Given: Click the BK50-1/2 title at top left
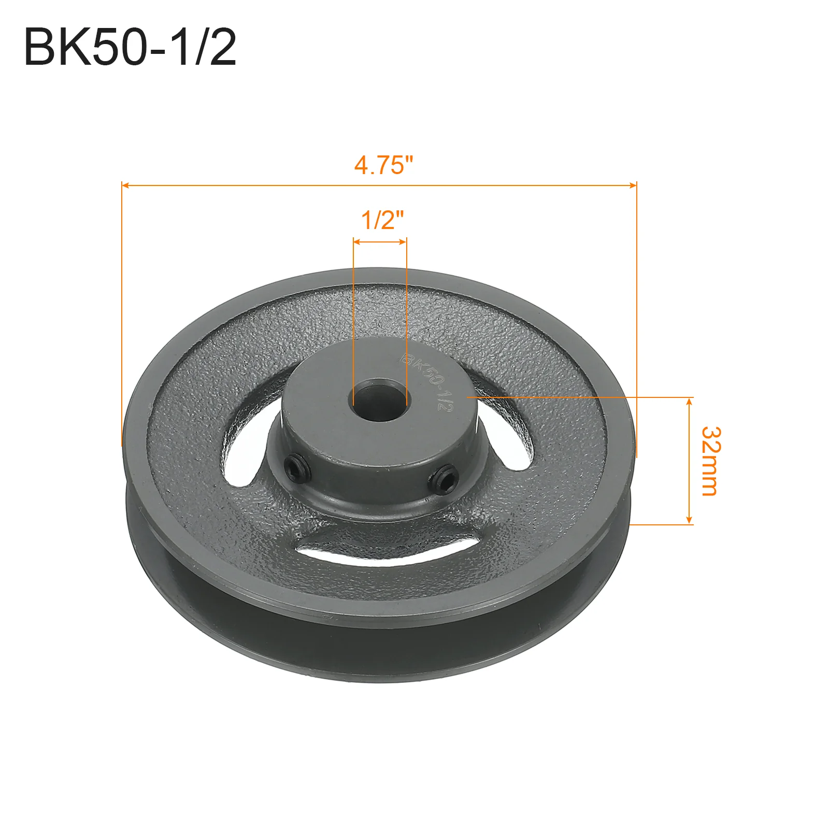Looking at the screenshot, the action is pos(130,47).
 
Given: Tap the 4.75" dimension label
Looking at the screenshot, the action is pos(384,165).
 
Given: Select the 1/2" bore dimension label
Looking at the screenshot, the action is pos(382,220).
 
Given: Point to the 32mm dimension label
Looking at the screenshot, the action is pos(709,461).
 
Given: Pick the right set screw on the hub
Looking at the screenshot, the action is pos(444,477).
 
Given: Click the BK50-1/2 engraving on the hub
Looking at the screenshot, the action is pos(428,381).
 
